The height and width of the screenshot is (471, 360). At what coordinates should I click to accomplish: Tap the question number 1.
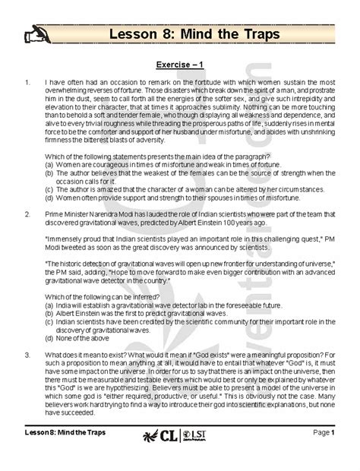(27, 81)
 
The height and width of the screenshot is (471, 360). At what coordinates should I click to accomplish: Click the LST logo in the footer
(196, 457)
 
